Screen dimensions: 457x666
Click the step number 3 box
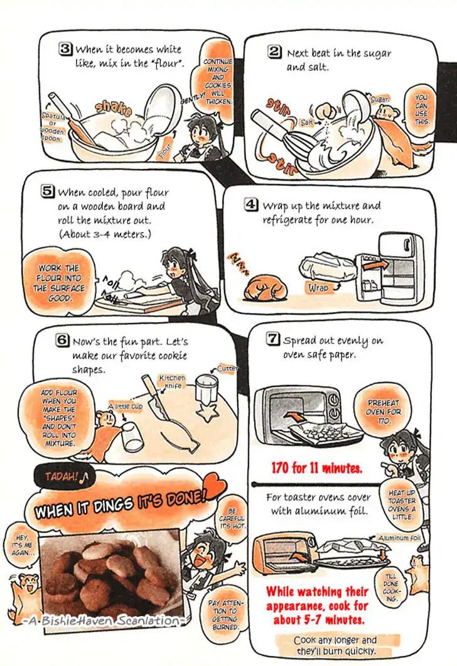(x=65, y=48)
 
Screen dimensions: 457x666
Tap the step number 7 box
(x=272, y=339)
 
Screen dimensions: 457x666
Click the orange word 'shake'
(x=113, y=108)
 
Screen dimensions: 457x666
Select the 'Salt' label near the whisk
(x=306, y=123)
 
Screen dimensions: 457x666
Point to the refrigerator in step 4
(x=390, y=268)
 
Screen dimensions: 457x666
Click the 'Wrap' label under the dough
(x=318, y=288)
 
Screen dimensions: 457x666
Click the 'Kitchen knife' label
(x=172, y=381)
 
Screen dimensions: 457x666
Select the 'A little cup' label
(x=125, y=407)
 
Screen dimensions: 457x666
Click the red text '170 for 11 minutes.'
(x=316, y=468)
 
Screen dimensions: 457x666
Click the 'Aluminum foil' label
(x=399, y=538)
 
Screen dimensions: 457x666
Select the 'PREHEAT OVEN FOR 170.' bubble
(x=384, y=412)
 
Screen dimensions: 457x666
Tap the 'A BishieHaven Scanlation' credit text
(x=102, y=621)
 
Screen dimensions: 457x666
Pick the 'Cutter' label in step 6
(x=227, y=368)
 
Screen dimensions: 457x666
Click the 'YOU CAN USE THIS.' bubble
(x=421, y=109)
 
